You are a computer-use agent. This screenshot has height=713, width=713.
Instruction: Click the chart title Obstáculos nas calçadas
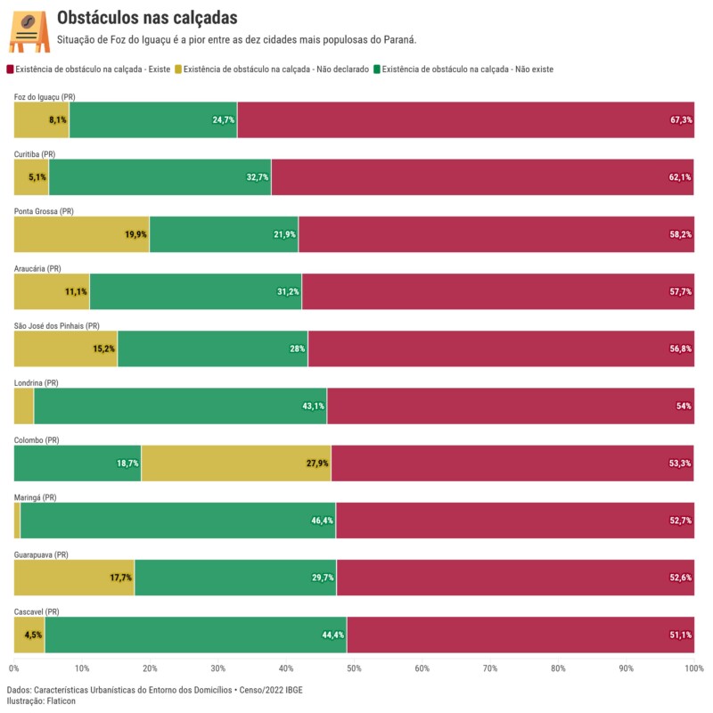pyautogui.click(x=147, y=18)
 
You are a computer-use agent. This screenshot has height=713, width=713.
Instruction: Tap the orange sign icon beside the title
pyautogui.click(x=29, y=32)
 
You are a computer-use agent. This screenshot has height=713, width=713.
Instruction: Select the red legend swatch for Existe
pyautogui.click(x=10, y=69)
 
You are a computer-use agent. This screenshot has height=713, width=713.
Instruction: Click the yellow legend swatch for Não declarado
pyautogui.click(x=177, y=69)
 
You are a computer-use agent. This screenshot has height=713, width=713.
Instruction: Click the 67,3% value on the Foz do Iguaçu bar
pyautogui.click(x=681, y=120)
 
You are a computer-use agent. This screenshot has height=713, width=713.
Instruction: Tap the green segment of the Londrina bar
pyautogui.click(x=178, y=406)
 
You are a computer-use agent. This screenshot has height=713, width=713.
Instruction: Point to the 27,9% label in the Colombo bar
pyautogui.click(x=317, y=463)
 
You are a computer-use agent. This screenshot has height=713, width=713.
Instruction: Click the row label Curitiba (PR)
pyautogui.click(x=35, y=154)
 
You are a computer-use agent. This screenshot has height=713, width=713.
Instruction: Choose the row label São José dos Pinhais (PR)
pyautogui.click(x=57, y=326)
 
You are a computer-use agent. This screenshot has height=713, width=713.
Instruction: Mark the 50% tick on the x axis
pyautogui.click(x=354, y=668)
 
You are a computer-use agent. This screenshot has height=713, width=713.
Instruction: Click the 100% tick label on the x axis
pyautogui.click(x=694, y=668)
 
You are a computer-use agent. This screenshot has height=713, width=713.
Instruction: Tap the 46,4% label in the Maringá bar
pyautogui.click(x=322, y=520)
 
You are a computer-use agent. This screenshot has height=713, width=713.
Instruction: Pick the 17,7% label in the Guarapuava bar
pyautogui.click(x=120, y=578)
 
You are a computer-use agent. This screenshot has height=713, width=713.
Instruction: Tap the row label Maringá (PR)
pyautogui.click(x=36, y=497)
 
